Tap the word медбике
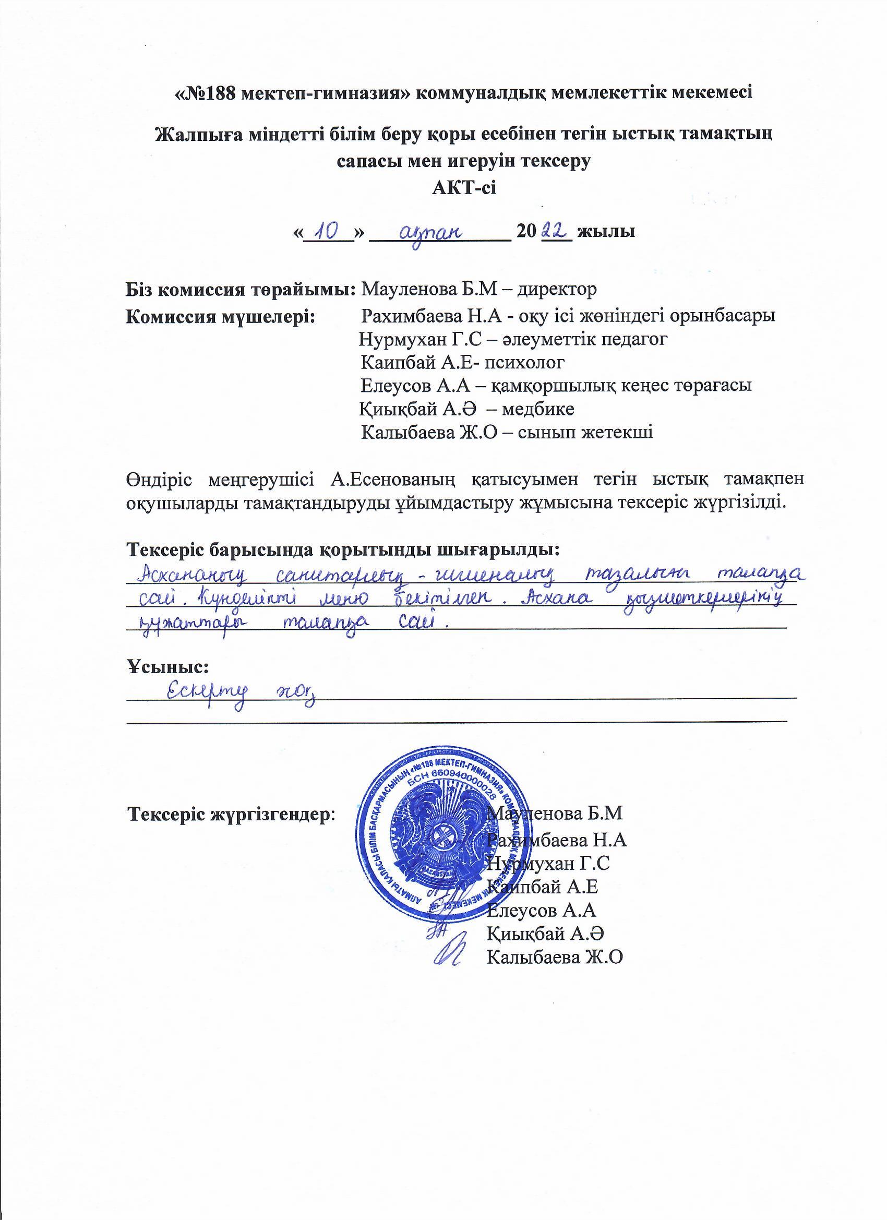tap(538, 409)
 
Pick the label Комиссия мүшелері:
tap(221, 316)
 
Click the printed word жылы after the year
tap(606, 232)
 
